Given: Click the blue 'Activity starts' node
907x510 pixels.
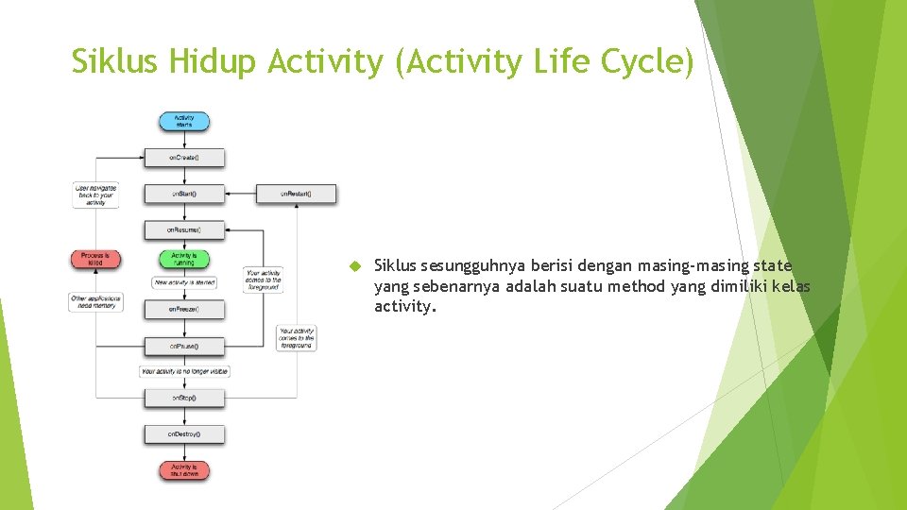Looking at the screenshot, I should (x=184, y=122).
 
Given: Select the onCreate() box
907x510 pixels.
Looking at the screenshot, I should (x=184, y=157).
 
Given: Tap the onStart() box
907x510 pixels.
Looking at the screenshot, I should (x=184, y=194).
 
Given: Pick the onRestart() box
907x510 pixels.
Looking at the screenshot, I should (x=296, y=194).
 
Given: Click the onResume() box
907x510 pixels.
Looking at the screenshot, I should (x=184, y=229).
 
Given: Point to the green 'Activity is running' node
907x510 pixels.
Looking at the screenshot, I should (x=184, y=258).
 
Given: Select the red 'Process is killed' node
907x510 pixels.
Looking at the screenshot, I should (x=95, y=258).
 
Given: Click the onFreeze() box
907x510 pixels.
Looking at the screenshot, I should (x=184, y=309).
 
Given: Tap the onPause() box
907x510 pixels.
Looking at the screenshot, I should (x=184, y=347).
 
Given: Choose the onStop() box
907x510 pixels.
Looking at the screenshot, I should (x=184, y=399).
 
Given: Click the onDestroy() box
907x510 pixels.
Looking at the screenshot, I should (x=184, y=434).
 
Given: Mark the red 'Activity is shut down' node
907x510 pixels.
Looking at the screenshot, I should (x=184, y=470).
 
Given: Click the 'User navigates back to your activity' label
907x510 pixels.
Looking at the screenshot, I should (x=96, y=195).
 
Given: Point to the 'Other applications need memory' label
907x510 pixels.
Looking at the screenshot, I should (x=96, y=302).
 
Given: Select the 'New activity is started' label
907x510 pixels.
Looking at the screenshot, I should (x=184, y=282).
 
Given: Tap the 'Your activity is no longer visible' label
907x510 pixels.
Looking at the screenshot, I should (x=185, y=372).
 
